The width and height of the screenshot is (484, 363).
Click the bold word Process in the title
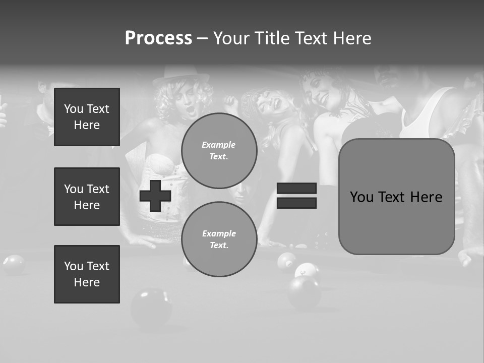coord(158,38)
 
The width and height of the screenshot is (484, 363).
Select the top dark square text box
coord(87,117)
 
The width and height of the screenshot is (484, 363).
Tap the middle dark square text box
coord(87,197)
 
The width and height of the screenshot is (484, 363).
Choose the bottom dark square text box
coord(87,274)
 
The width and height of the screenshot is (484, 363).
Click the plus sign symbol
coord(155,196)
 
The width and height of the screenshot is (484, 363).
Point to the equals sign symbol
coord(296,196)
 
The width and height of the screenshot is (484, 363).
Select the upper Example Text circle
coord(219,151)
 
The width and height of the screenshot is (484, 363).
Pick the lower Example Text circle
coord(219,239)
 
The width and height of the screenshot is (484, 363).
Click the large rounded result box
coord(396,197)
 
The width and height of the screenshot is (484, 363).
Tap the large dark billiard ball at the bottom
coord(151,308)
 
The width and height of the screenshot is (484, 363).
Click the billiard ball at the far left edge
coord(14,264)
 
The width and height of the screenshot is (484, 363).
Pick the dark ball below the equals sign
coord(304,292)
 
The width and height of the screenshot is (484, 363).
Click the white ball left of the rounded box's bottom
coord(306,271)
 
